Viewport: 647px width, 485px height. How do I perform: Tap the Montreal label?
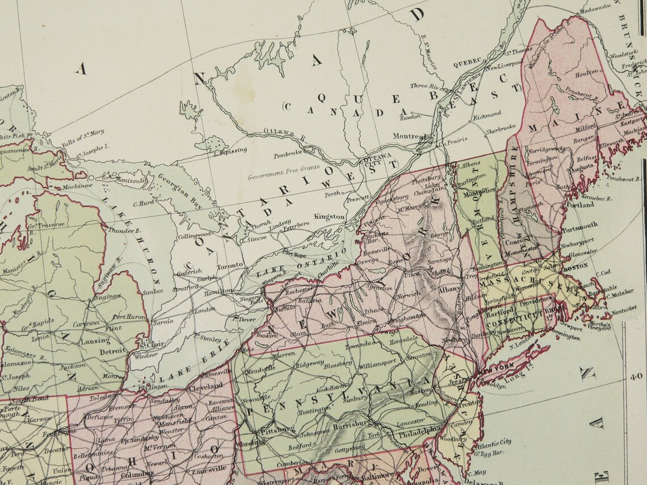tap(409, 136)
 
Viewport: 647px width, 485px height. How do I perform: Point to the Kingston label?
tap(330, 217)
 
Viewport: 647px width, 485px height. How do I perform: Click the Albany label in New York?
tap(449, 290)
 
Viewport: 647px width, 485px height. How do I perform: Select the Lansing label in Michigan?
tap(95, 340)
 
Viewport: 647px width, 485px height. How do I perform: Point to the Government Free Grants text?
tap(283, 173)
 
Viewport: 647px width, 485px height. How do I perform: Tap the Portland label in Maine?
tap(580, 205)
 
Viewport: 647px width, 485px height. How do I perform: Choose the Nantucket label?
tap(623, 308)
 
